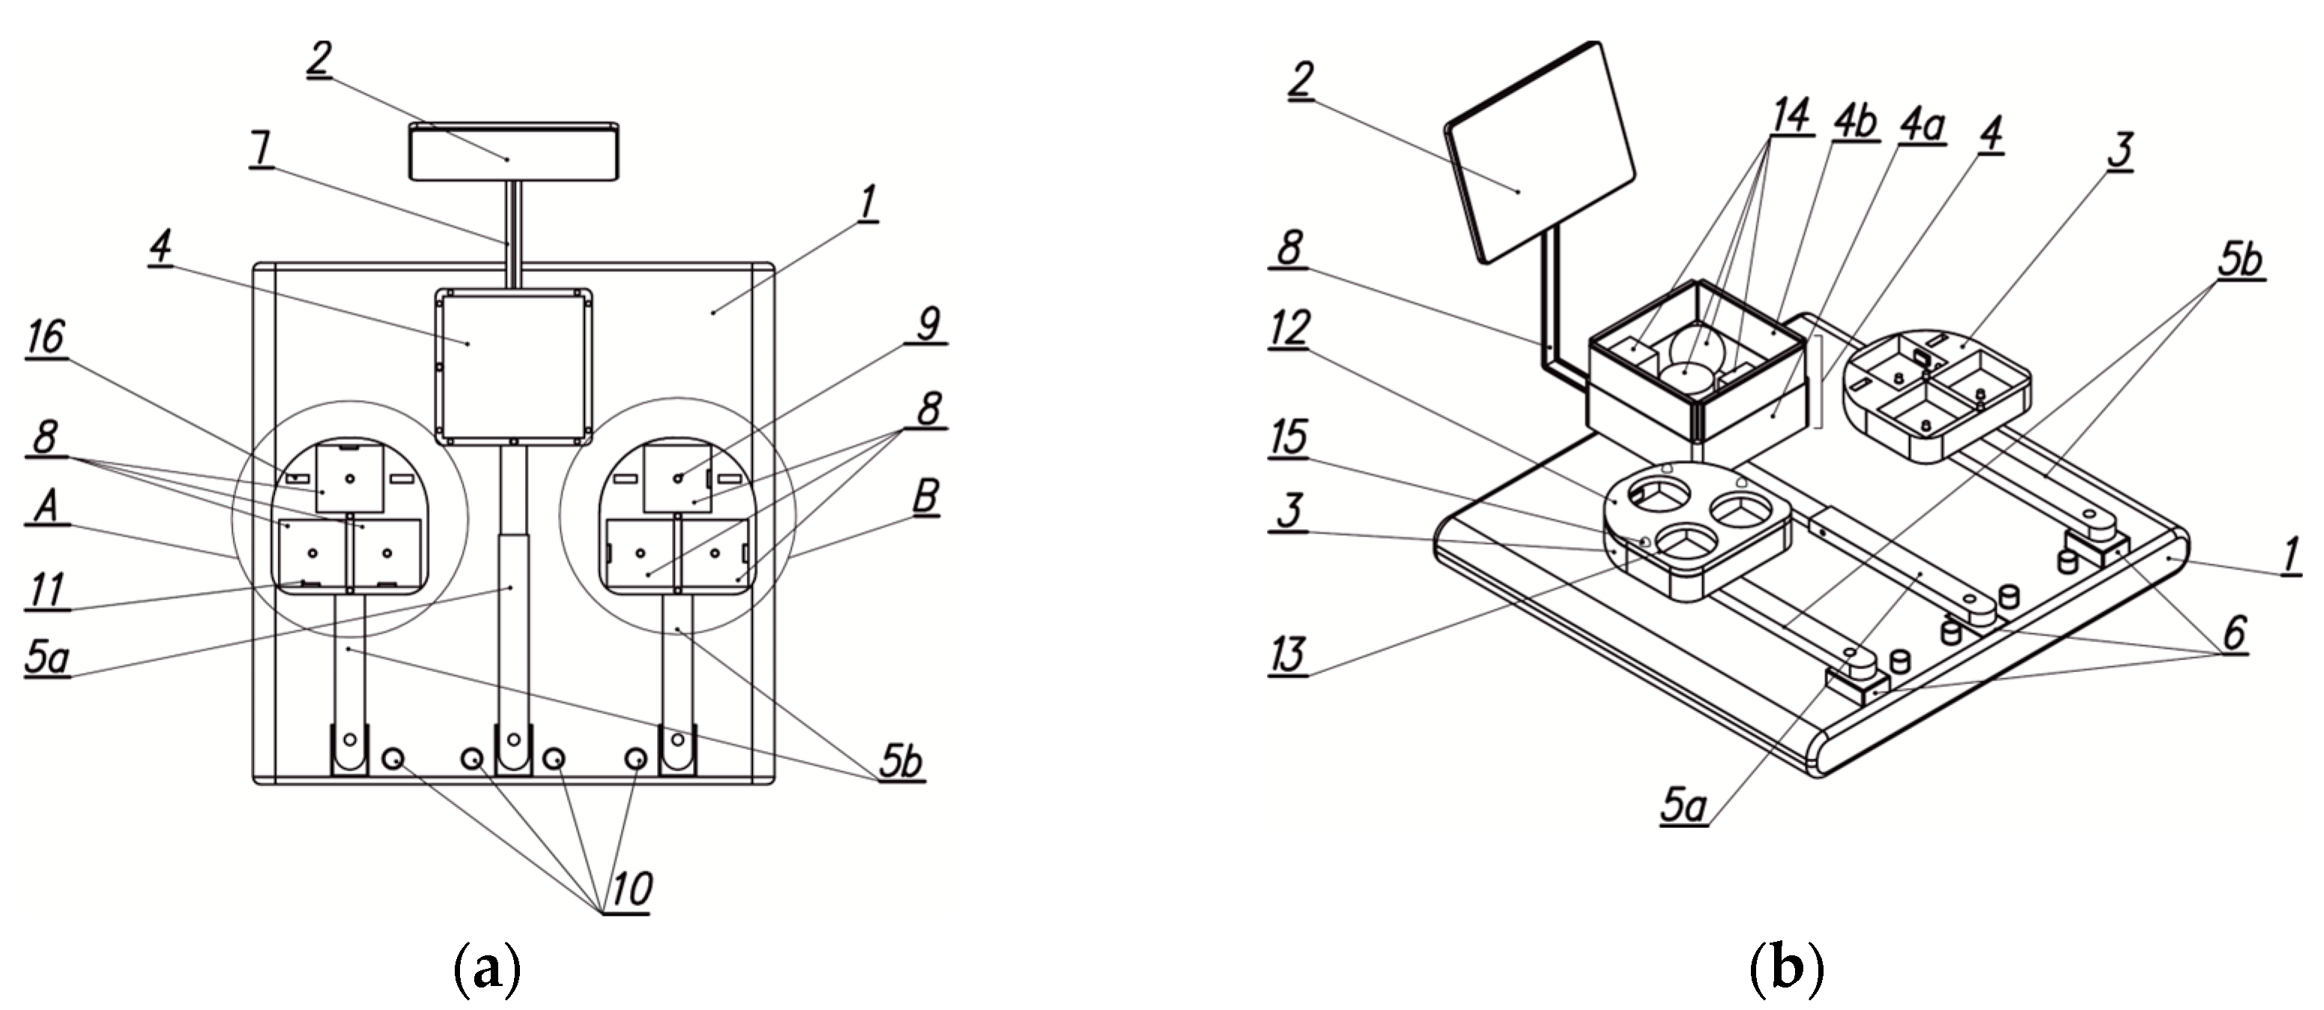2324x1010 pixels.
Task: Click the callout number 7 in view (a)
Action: [x=262, y=149]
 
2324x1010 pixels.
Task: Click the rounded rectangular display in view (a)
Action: [x=513, y=151]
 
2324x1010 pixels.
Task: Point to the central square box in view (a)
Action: [x=513, y=366]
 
